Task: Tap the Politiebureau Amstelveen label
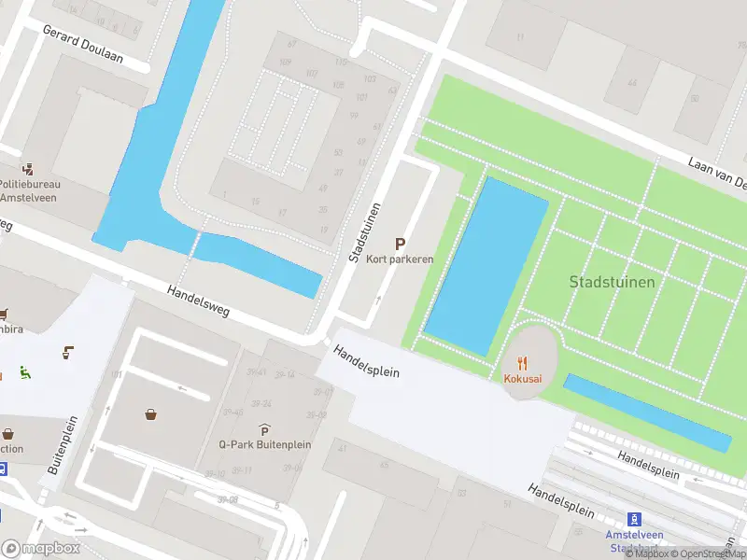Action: pyautogui.click(x=29, y=190)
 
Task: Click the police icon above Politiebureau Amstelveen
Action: pyautogui.click(x=29, y=169)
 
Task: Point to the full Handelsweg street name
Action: pyautogui.click(x=199, y=303)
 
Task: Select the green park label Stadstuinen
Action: pyautogui.click(x=612, y=281)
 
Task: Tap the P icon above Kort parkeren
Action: pyautogui.click(x=400, y=243)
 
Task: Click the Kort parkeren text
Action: pyautogui.click(x=400, y=259)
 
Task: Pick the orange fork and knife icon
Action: pyautogui.click(x=523, y=362)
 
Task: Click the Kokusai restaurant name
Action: pyautogui.click(x=523, y=378)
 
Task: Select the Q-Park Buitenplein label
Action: pyautogui.click(x=265, y=444)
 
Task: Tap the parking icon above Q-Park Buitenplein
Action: pyautogui.click(x=265, y=429)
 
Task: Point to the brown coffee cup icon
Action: pyautogui.click(x=68, y=352)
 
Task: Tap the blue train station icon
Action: pyautogui.click(x=634, y=519)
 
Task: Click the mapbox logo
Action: pyautogui.click(x=41, y=548)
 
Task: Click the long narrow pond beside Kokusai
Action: pyautogui.click(x=647, y=413)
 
